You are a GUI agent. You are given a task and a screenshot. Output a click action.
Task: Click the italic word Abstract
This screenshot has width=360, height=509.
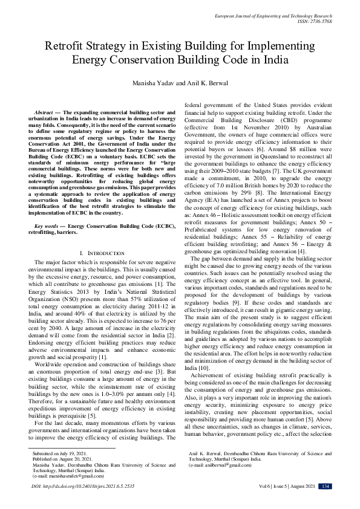pos(44,112)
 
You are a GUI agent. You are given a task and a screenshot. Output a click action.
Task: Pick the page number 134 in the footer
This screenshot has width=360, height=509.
pos(325,485)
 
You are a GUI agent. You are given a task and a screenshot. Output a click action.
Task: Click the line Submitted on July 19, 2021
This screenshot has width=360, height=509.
pos(59,452)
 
